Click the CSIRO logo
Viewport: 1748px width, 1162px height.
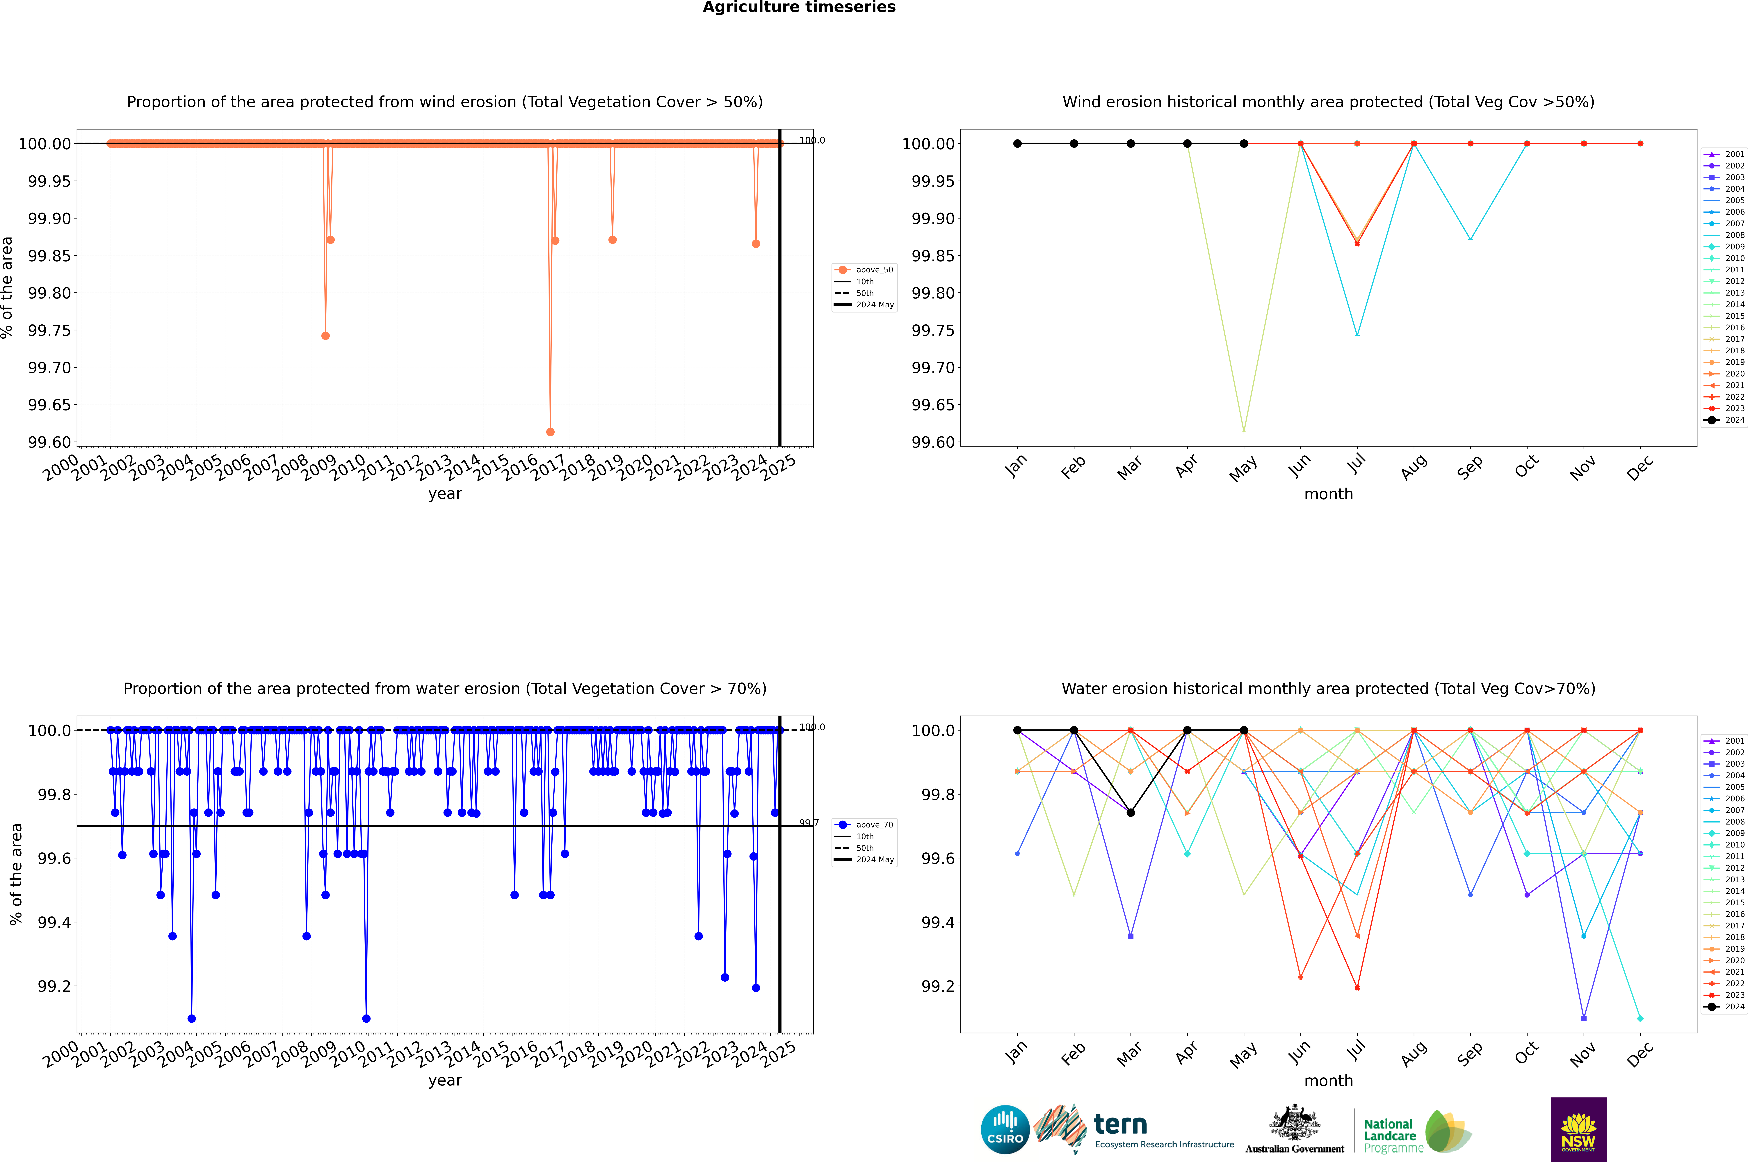click(x=1005, y=1129)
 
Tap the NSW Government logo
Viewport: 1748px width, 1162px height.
click(x=1578, y=1129)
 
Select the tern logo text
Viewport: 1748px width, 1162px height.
click(x=1120, y=1125)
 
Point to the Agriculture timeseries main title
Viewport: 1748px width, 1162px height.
click(x=799, y=7)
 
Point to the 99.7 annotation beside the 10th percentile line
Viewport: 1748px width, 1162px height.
click(x=808, y=823)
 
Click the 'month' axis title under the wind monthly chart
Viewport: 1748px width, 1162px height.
click(x=1328, y=494)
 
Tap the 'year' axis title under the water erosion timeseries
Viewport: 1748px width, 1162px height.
click(x=445, y=1081)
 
